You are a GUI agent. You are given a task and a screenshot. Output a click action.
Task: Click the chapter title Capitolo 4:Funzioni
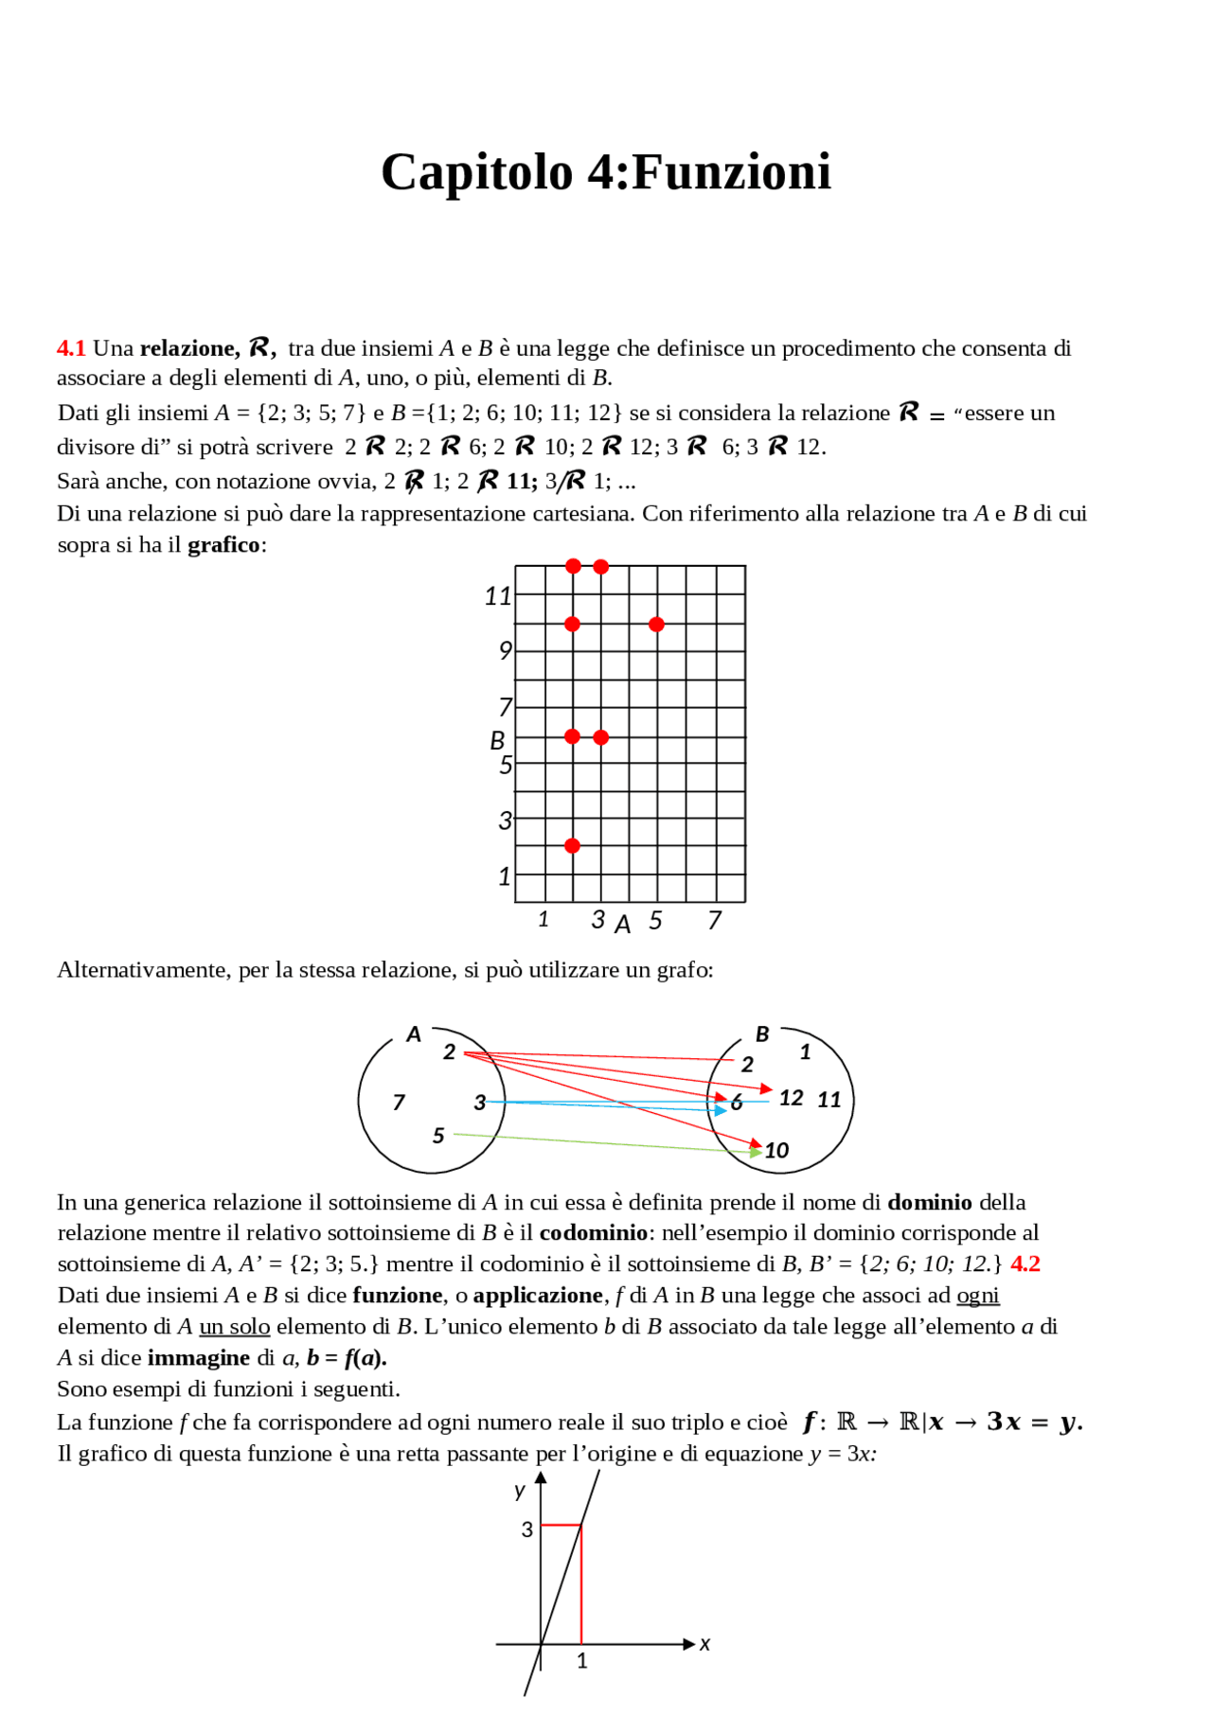click(x=606, y=172)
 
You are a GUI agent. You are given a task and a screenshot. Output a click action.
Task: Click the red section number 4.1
click(x=71, y=348)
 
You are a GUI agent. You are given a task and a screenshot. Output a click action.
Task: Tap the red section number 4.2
click(x=1025, y=1263)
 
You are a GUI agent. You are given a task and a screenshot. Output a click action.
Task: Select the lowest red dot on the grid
click(x=572, y=845)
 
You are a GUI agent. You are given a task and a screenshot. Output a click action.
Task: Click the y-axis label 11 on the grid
click(x=497, y=596)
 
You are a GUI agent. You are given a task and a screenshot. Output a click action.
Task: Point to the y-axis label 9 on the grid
click(x=505, y=651)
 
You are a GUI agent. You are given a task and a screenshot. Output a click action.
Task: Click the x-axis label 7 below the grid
click(x=715, y=920)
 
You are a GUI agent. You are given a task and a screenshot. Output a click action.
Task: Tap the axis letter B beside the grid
click(x=497, y=740)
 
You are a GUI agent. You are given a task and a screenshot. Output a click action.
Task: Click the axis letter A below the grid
click(x=622, y=925)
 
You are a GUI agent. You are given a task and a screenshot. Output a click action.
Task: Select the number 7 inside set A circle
click(x=399, y=1102)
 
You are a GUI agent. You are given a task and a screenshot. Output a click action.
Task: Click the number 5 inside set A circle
click(x=438, y=1135)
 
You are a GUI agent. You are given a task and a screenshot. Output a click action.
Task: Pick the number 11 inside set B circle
click(x=829, y=1100)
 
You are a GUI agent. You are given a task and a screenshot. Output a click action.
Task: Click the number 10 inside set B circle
click(x=776, y=1150)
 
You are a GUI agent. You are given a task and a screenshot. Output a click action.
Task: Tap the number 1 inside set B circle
click(x=805, y=1051)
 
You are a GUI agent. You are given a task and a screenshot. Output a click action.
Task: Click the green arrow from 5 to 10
click(x=606, y=1142)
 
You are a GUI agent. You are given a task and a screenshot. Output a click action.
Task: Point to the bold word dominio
click(x=929, y=1202)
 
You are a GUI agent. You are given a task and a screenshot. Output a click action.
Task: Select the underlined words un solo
click(x=234, y=1327)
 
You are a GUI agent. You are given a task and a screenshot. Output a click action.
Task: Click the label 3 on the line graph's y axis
click(x=527, y=1529)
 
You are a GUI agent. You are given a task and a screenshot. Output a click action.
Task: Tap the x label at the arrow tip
click(x=704, y=1644)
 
